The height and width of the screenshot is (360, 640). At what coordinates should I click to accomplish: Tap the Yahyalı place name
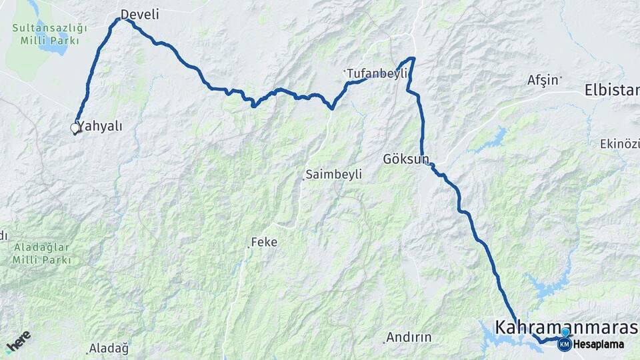100,126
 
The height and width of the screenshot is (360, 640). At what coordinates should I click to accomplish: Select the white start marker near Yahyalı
75,128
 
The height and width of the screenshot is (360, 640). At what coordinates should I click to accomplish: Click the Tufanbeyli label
377,73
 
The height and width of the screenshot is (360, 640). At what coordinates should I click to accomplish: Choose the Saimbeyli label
333,175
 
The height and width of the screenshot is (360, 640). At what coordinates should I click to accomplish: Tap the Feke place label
264,242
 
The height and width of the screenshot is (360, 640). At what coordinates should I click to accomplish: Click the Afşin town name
543,80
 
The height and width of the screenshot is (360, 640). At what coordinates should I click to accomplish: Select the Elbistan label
612,90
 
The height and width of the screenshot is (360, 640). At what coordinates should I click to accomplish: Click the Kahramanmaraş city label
566,327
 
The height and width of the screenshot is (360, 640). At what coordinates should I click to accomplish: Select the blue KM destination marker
564,344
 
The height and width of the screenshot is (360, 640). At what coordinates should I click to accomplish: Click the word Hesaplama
599,345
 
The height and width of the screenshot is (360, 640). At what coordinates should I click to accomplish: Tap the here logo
18,341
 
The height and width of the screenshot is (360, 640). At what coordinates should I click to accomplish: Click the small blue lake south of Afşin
495,139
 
